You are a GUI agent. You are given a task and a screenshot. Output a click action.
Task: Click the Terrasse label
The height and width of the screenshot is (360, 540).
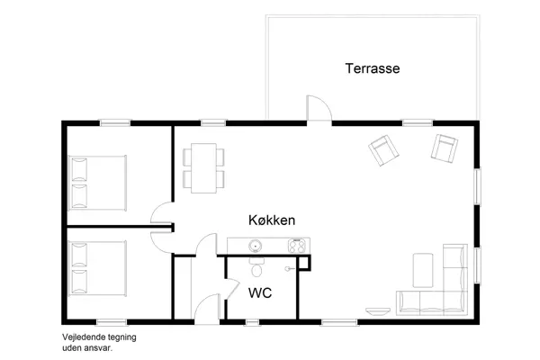372,68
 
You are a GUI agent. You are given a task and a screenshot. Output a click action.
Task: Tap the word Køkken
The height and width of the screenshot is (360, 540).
273,220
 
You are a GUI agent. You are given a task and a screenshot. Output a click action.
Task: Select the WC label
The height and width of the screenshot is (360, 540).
259,292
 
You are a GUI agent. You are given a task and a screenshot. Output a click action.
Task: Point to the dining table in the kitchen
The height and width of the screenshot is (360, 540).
204,166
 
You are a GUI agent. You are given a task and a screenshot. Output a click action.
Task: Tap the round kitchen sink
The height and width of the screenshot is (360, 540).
255,244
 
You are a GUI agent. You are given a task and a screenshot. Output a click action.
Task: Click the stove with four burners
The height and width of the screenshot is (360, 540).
296,244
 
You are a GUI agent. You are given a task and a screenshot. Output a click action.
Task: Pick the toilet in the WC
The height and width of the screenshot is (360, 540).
256,267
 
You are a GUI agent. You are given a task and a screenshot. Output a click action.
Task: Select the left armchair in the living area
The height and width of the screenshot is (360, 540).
384,149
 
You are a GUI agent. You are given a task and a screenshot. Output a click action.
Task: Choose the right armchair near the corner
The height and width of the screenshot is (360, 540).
445,148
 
